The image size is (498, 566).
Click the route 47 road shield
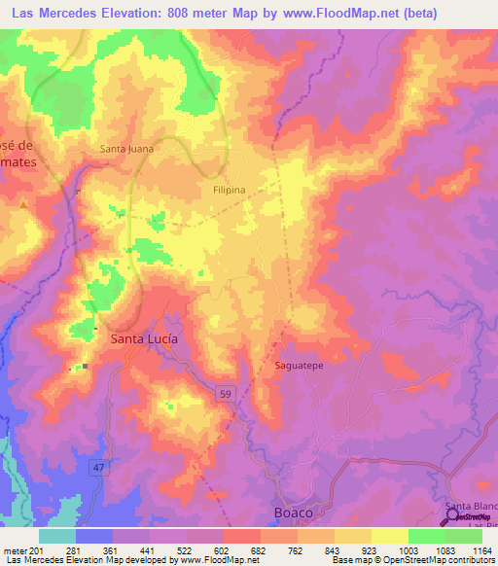tap(97, 469)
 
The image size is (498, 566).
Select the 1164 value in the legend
tap(477, 549)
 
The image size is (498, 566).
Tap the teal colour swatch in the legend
tap(57, 535)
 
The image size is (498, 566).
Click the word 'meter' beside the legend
tap(16, 549)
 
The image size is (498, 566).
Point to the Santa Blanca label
tap(472, 507)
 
